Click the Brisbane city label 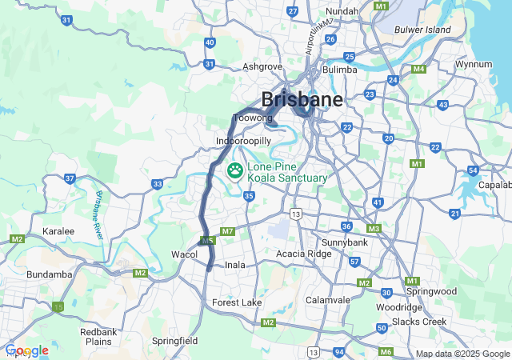pyautogui.click(x=302, y=100)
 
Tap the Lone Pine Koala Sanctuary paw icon pyautogui.click(x=236, y=170)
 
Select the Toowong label pyautogui.click(x=252, y=118)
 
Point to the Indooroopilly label pyautogui.click(x=244, y=141)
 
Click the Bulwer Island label pyautogui.click(x=422, y=30)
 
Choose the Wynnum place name pyautogui.click(x=473, y=63)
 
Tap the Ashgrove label pyautogui.click(x=262, y=66)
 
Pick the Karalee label pyautogui.click(x=58, y=231)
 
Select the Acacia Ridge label pyautogui.click(x=302, y=254)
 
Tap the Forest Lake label pyautogui.click(x=237, y=302)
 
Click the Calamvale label pyautogui.click(x=329, y=300)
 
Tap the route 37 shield pyautogui.click(x=70, y=178)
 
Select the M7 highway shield pyautogui.click(x=227, y=231)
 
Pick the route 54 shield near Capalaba pyautogui.click(x=473, y=170)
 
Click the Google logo pyautogui.click(x=27, y=350)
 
